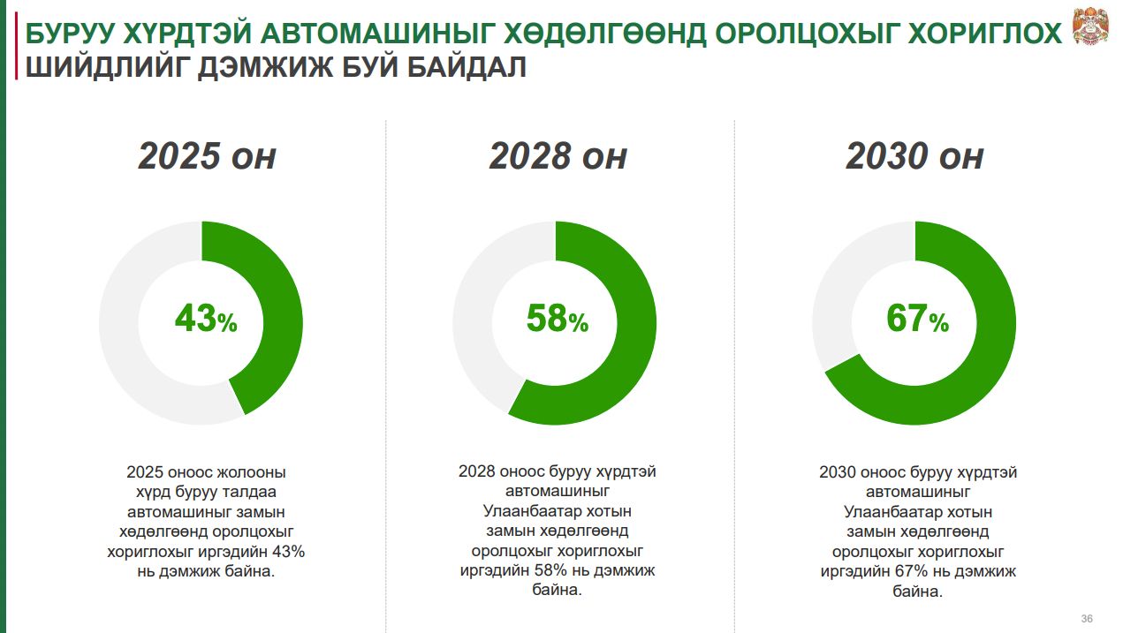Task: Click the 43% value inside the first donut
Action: click(206, 319)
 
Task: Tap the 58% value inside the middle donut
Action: click(558, 319)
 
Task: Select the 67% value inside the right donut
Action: click(917, 319)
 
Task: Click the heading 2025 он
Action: click(207, 155)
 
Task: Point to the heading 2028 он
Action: click(558, 155)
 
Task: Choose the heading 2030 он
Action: click(915, 155)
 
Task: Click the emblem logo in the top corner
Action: click(1090, 26)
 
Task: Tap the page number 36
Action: click(1087, 619)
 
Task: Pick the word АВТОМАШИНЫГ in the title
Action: click(377, 33)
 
